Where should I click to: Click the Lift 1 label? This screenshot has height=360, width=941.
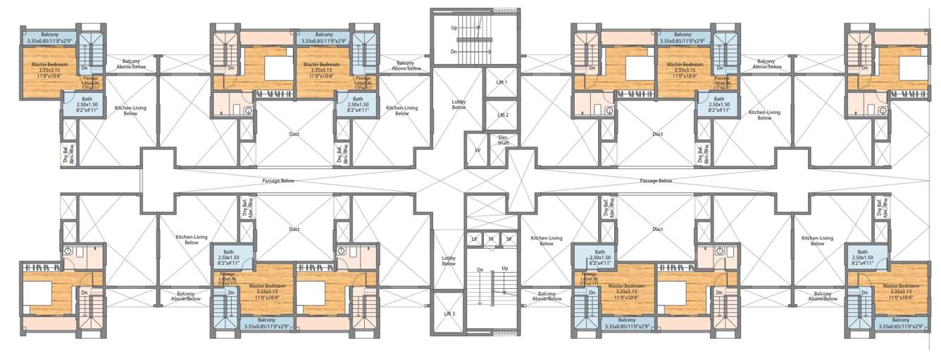502,82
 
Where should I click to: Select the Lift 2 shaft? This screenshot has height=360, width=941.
502,115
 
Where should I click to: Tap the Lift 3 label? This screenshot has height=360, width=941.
448,313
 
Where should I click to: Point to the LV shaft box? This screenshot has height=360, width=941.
476,150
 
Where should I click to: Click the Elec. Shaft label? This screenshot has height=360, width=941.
504,139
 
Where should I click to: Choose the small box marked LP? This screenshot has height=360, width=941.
475,240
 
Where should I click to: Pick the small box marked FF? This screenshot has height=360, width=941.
492,240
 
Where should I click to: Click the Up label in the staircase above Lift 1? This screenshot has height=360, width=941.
454,27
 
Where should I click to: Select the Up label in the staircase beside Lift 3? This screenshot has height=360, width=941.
504,268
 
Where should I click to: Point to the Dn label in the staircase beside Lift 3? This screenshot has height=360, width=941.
480,268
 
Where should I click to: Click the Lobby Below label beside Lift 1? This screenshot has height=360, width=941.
459,104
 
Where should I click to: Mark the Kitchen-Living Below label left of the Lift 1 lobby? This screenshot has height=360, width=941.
401,111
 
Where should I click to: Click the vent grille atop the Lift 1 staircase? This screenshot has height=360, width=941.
503,11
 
